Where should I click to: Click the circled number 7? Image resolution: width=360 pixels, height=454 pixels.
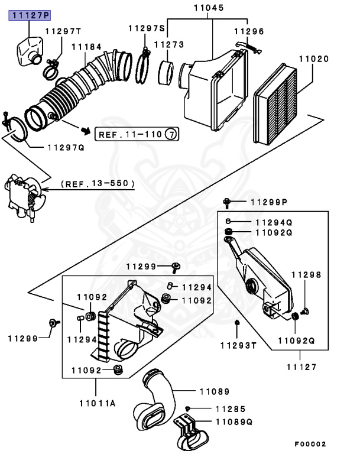pos(171,134)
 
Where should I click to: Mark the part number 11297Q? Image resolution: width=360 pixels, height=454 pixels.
pos(65,147)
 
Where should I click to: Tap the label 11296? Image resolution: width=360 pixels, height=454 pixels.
pos(249,31)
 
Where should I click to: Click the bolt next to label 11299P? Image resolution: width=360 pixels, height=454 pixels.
pos(228,203)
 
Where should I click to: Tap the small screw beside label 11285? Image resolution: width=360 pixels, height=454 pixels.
pos(187,409)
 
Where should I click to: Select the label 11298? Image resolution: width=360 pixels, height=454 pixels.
pos(306,275)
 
